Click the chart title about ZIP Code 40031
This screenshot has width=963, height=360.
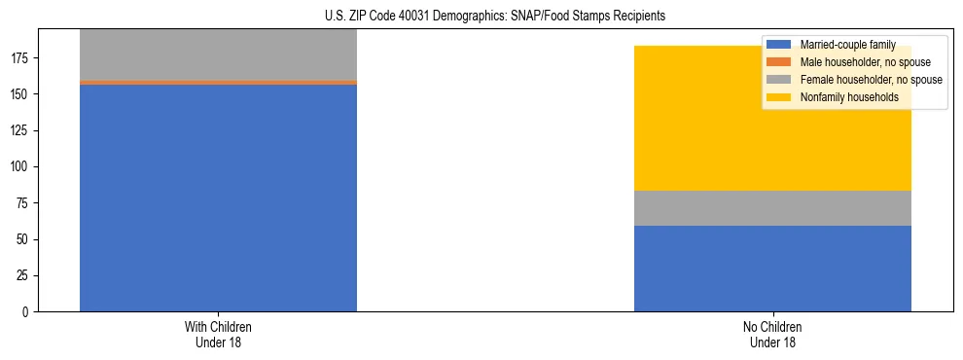495,17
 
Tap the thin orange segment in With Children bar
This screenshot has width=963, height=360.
218,83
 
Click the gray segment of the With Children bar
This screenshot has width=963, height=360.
218,54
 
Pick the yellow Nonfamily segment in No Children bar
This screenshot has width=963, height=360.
772,126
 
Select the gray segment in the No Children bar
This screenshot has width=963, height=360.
772,208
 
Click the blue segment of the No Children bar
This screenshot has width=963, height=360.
772,269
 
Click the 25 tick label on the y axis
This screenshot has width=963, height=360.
24,276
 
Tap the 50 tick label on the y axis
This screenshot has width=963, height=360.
24,239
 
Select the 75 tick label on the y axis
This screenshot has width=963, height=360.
24,203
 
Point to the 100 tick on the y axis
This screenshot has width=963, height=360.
21,167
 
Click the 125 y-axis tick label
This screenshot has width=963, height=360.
21,130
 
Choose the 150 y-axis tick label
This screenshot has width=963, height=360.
21,94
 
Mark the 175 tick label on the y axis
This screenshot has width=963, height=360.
21,58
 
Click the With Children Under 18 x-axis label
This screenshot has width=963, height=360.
218,334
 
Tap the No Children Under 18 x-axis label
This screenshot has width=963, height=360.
772,334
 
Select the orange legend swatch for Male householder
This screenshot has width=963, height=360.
778,62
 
